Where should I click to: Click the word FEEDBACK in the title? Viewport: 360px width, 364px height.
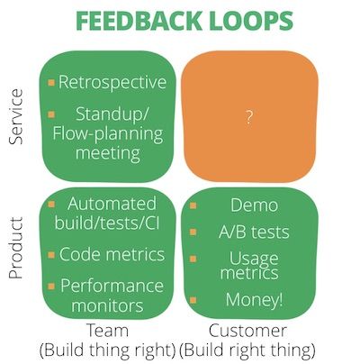[x=139, y=21]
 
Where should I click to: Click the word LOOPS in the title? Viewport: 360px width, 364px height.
[x=252, y=21]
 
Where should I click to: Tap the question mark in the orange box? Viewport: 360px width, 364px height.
[x=248, y=117]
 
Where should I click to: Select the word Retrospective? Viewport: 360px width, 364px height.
[x=112, y=82]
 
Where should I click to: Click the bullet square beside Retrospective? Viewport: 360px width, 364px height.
[x=51, y=82]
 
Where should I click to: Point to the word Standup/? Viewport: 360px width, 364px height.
[x=112, y=114]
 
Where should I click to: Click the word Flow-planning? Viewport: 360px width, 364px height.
[x=108, y=133]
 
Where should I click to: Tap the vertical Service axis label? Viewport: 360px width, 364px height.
[x=15, y=117]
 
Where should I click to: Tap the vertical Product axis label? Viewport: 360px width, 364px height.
[x=15, y=248]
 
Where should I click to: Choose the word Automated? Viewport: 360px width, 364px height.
[x=112, y=204]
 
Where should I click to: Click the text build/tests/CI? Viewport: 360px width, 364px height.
[x=107, y=223]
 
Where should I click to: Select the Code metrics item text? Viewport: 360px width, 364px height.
[x=112, y=254]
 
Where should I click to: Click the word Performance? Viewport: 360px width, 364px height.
[x=112, y=286]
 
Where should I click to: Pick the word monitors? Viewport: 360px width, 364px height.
[x=107, y=305]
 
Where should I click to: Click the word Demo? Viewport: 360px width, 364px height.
[x=254, y=205]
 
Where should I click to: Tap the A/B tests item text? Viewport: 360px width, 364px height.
[x=254, y=232]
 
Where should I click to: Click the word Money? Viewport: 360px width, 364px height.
[x=254, y=299]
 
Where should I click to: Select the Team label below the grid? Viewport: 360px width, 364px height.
[x=107, y=331]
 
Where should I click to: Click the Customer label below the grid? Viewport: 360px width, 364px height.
[x=247, y=331]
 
